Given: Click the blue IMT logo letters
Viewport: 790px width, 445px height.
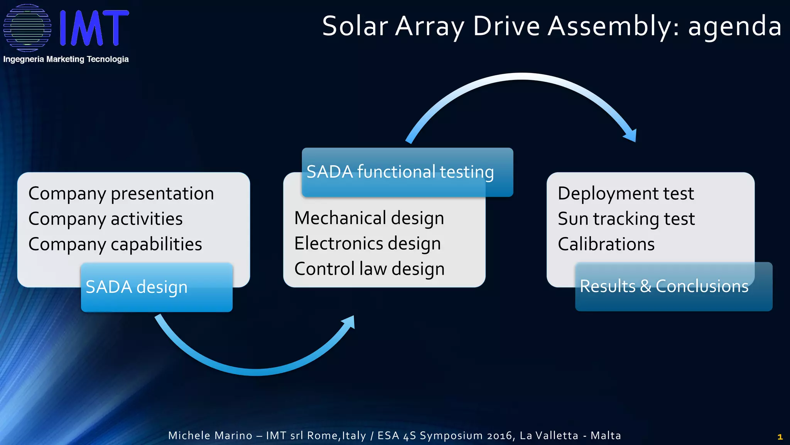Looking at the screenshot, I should coord(94,28).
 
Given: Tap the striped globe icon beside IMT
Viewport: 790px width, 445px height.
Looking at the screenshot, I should coord(27,28).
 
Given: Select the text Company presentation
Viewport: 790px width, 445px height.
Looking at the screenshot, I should coord(121,194).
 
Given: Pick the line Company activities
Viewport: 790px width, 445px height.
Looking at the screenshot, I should coord(105,219).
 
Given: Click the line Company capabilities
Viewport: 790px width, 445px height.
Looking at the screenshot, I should coord(115,245).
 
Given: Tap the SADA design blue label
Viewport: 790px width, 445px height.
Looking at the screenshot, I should coord(156,287).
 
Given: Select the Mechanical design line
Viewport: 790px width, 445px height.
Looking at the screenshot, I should coord(369,218).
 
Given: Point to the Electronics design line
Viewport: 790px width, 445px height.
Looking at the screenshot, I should coord(367,244).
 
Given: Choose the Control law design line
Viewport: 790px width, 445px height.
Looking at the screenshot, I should coord(369,269).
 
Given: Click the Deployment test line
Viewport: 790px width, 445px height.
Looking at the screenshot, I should coord(626,194).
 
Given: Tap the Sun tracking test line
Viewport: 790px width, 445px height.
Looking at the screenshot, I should coord(626,219).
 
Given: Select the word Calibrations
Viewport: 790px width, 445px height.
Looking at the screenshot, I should coord(606,245).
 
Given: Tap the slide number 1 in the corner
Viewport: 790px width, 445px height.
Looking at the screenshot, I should coord(780,437).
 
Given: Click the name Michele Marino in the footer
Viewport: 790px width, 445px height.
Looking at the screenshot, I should coord(210,436).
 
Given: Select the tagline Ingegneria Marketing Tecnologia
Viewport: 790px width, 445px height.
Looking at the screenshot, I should coord(66,59).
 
